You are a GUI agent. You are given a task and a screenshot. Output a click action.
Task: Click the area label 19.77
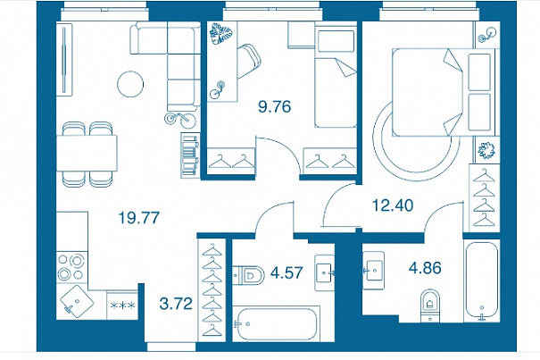click(x=138, y=218)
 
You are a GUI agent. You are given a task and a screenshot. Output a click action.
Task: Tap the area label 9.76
click(x=275, y=106)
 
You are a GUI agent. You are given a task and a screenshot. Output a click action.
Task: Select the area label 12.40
click(x=393, y=205)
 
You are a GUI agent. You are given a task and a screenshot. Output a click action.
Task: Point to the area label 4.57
click(x=287, y=272)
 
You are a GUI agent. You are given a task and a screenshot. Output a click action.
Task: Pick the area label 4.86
click(x=425, y=268)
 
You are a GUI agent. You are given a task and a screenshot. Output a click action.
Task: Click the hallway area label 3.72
click(x=176, y=304)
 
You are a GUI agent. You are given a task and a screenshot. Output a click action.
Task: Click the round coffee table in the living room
click(x=130, y=84)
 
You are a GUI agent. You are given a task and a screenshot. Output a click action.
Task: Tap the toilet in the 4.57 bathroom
click(x=248, y=276)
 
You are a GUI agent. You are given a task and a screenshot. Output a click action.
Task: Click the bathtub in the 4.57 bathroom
click(x=275, y=323)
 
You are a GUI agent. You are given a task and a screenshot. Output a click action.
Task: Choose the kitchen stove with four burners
click(x=71, y=266)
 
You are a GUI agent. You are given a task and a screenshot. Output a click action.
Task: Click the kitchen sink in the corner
click(x=77, y=302)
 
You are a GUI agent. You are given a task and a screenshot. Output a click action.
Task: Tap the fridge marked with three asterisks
click(x=122, y=305)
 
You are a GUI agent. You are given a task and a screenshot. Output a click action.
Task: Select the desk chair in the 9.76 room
click(x=249, y=62)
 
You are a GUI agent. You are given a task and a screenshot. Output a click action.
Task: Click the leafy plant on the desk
click(x=221, y=33)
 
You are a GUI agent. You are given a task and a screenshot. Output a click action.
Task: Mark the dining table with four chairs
click(x=87, y=154)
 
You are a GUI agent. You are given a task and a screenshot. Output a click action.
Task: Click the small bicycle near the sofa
click(x=179, y=118)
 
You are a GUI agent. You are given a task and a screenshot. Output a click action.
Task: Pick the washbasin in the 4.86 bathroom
click(x=373, y=271)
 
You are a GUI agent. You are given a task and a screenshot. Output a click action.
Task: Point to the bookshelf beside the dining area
click(x=190, y=155)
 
